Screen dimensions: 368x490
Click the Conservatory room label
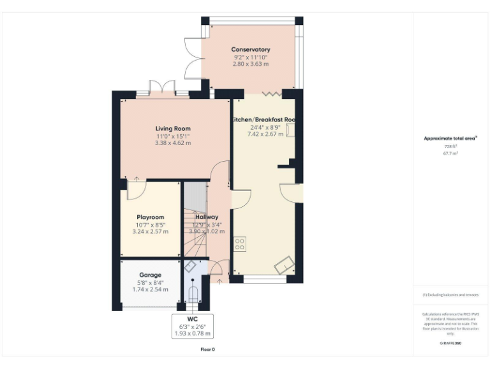coord(250,49)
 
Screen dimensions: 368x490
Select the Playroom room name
coord(151,217)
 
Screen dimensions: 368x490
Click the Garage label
coord(151,275)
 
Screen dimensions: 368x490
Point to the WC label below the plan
coord(192,318)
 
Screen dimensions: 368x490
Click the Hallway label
coord(207,217)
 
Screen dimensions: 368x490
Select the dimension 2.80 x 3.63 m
coord(250,65)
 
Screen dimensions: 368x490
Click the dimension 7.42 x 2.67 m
coord(266,134)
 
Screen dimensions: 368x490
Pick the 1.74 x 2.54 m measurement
coord(151,289)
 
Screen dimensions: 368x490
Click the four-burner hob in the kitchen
coord(241,243)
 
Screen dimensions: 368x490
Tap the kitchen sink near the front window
coord(283,263)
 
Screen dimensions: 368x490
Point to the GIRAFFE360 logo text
coord(450,343)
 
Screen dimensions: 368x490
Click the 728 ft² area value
coord(450,146)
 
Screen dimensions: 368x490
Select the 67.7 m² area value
coord(450,153)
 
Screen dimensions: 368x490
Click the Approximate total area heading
coord(450,138)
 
